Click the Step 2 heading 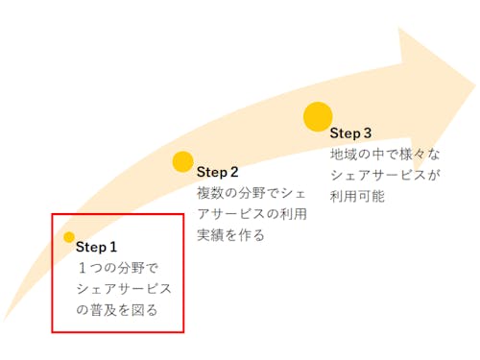217,172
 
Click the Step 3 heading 350,132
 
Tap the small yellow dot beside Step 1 69,237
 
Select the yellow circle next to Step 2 182,161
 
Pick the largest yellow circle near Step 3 318,116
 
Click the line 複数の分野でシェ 252,193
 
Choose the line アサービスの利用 252,213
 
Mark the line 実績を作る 230,234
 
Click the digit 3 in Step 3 367,132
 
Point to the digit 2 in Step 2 233,172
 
